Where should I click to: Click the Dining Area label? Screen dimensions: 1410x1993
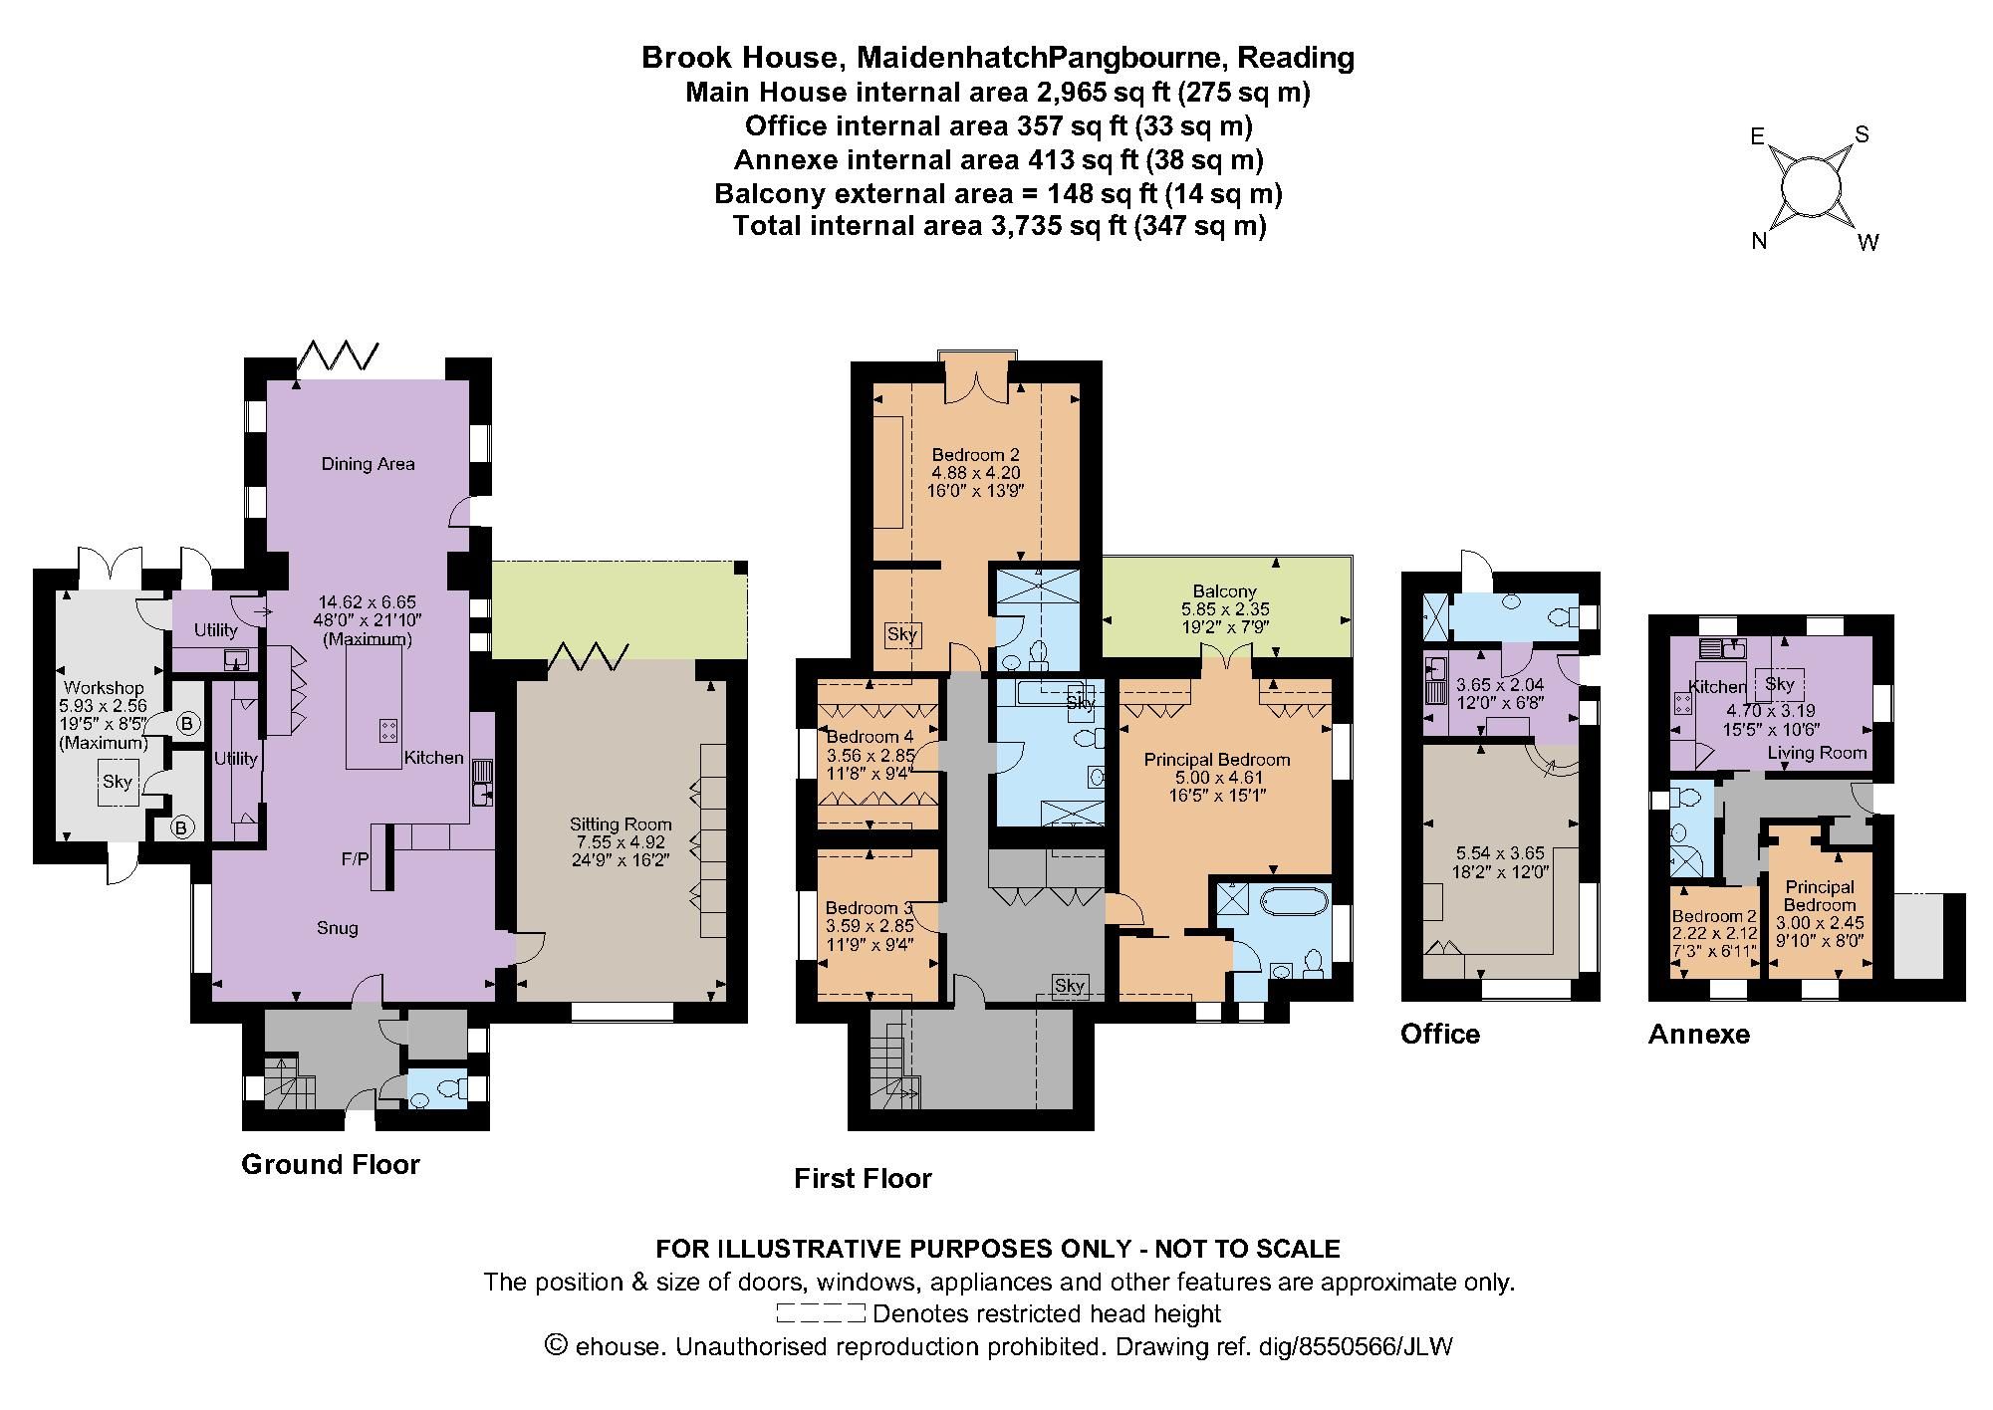[x=368, y=463]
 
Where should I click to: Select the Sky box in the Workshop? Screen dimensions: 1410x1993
[x=117, y=782]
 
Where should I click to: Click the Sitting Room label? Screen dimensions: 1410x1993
[x=621, y=823]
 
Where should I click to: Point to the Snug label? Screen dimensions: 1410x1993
[x=337, y=928]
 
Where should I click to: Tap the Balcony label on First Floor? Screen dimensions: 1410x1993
[x=1224, y=590]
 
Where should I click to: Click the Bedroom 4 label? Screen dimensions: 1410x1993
[x=869, y=737]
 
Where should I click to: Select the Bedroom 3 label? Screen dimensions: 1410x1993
[x=869, y=908]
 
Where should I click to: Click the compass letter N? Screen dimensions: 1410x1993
[x=1760, y=240]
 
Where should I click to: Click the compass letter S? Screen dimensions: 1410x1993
[x=1861, y=134]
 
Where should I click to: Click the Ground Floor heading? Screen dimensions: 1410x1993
[x=331, y=1164]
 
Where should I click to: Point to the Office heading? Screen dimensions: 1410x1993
[x=1439, y=1034]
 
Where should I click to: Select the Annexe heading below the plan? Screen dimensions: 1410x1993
[x=1698, y=1034]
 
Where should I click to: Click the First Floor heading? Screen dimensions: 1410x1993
[x=863, y=1179]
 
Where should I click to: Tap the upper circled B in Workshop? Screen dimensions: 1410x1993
[x=185, y=724]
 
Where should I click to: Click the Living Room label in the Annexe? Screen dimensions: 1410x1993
[x=1816, y=753]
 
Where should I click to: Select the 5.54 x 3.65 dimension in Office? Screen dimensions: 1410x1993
[x=1500, y=853]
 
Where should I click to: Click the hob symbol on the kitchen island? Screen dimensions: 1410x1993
[x=387, y=730]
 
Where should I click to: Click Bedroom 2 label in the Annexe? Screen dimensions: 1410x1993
[x=1714, y=917]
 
